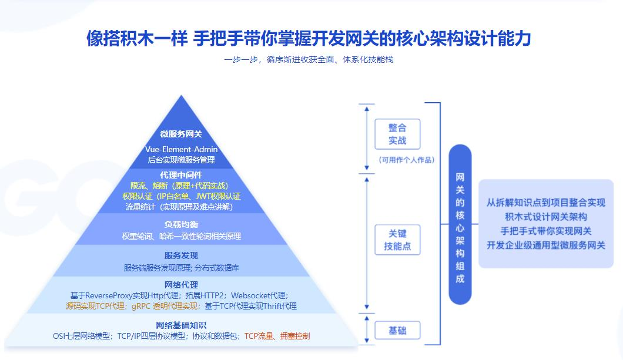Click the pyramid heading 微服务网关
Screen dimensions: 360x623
(x=181, y=134)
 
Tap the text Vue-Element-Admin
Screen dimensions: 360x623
(x=181, y=149)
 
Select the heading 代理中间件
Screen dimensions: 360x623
(x=181, y=175)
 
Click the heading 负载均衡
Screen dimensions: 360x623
(x=181, y=224)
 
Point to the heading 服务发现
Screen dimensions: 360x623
(x=181, y=255)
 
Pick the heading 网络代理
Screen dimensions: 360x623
(x=181, y=285)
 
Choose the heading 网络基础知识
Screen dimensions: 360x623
(x=181, y=325)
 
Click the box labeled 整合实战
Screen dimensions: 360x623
(x=397, y=134)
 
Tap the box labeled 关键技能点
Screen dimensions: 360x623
(x=397, y=239)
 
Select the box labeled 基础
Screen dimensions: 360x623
(x=397, y=331)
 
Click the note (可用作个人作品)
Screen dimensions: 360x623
(x=398, y=159)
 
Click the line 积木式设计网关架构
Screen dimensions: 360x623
(x=545, y=217)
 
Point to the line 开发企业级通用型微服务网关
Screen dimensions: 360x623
(x=545, y=245)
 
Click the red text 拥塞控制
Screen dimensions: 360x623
(x=294, y=336)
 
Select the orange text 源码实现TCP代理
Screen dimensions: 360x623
(x=95, y=306)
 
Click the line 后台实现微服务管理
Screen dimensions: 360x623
(x=181, y=159)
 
